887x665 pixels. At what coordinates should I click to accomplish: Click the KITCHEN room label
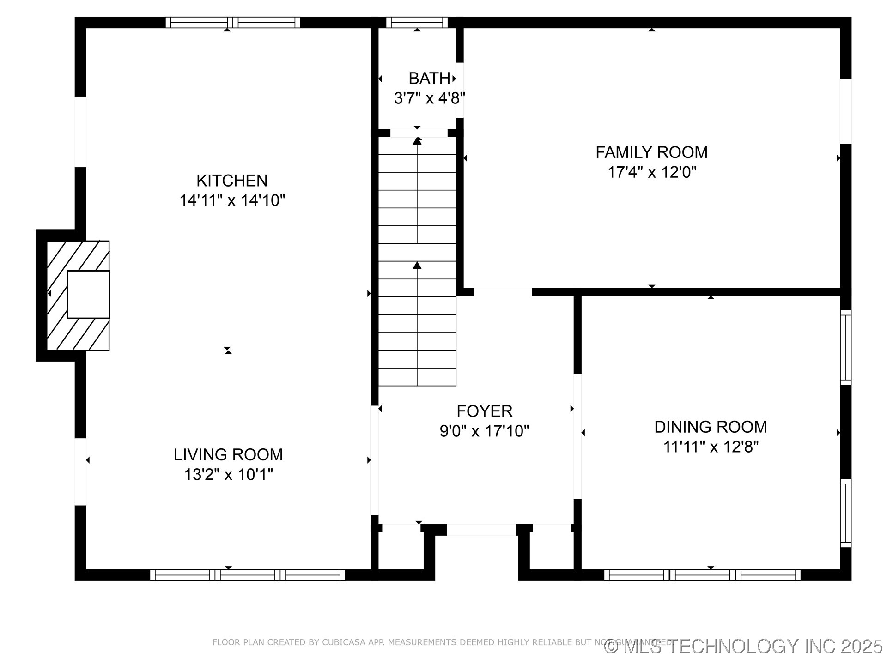point(232,181)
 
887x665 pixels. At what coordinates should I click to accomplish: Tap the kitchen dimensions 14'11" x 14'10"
point(232,200)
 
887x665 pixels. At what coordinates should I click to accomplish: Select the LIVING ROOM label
point(228,454)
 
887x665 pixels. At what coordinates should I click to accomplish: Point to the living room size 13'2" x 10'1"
point(228,474)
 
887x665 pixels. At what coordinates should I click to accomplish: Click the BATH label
point(429,79)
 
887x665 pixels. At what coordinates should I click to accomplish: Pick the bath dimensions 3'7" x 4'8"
point(429,98)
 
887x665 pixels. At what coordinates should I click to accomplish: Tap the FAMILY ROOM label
point(651,152)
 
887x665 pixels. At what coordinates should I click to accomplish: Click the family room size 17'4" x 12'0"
point(651,172)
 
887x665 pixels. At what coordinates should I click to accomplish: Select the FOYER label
point(484,411)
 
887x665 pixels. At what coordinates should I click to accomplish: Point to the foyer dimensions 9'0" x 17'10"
point(484,431)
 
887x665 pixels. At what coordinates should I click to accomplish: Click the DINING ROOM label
point(711,427)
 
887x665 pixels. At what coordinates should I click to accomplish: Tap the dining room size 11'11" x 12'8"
point(711,447)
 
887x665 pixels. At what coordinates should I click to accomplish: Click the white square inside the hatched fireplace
point(88,295)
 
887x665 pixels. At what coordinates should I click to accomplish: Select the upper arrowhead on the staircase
point(417,141)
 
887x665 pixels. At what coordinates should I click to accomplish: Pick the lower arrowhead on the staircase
point(417,265)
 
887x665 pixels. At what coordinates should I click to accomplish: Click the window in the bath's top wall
point(417,22)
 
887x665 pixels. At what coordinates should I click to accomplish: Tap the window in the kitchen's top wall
point(232,22)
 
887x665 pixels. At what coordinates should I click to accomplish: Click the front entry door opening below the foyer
point(481,530)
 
